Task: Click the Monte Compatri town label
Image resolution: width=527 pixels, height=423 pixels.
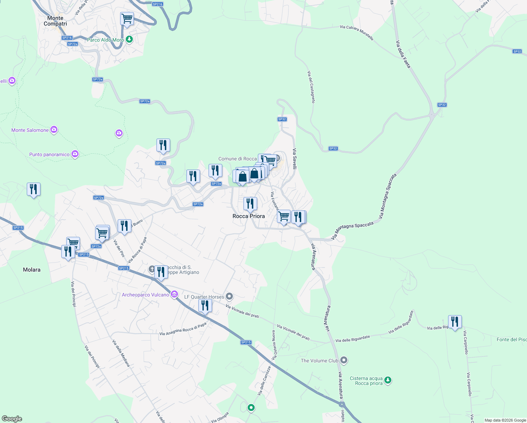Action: click(55, 21)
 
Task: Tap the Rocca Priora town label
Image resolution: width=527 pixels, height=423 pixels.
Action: click(248, 216)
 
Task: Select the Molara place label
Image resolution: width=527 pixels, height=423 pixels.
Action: click(32, 270)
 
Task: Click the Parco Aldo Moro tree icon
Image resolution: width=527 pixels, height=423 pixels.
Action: click(129, 39)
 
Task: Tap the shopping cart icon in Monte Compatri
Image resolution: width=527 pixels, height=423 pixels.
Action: click(127, 18)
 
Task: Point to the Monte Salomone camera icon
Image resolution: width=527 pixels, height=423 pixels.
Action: click(54, 130)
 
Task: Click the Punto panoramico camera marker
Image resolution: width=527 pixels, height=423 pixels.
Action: click(75, 154)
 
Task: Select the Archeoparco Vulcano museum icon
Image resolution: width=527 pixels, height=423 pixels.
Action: click(174, 295)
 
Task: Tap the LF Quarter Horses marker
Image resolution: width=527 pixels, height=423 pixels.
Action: click(229, 296)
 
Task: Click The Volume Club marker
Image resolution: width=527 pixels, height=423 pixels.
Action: click(344, 360)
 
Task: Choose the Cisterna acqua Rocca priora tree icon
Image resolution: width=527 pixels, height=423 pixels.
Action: click(388, 380)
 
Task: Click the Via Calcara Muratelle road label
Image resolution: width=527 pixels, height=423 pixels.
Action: click(356, 32)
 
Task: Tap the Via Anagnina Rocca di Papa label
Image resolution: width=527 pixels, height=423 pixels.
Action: click(183, 329)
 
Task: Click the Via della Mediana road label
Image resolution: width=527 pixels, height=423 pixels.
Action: click(121, 353)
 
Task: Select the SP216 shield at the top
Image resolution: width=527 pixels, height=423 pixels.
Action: click(157, 4)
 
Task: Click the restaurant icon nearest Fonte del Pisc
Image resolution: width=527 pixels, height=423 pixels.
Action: click(455, 322)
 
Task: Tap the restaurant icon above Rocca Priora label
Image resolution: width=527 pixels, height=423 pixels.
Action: click(250, 204)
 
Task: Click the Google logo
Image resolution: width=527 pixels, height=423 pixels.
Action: click(12, 419)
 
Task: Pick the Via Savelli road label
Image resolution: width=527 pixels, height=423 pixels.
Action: click(294, 158)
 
